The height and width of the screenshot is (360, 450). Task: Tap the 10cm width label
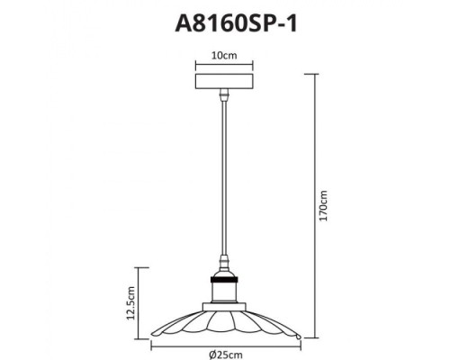pyautogui.click(x=224, y=55)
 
